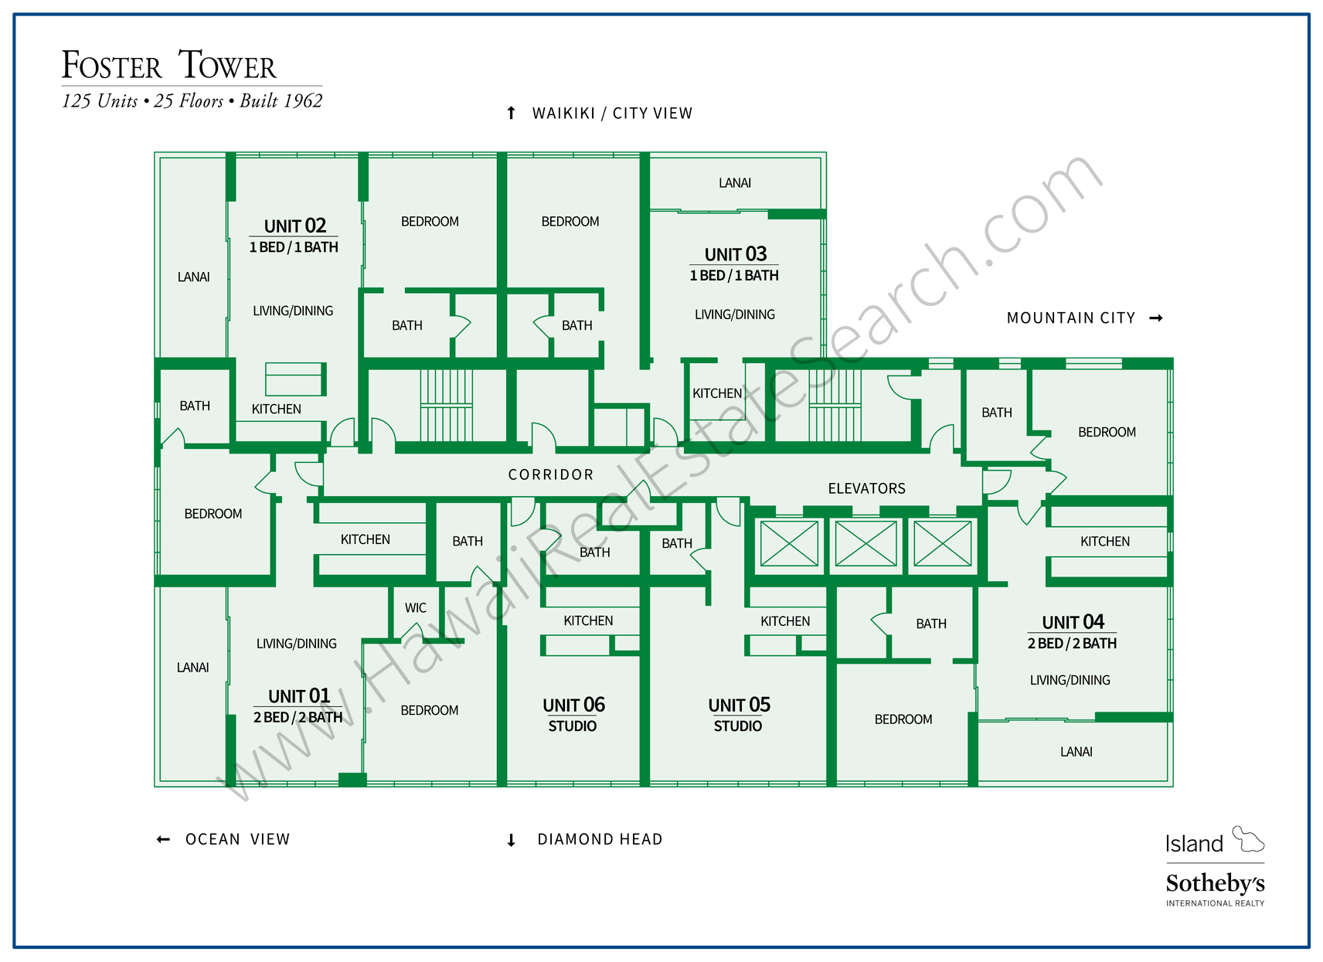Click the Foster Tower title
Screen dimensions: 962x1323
click(168, 65)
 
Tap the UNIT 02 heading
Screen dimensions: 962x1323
click(294, 226)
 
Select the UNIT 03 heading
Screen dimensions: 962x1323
click(735, 254)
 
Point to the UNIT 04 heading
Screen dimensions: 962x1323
click(1073, 622)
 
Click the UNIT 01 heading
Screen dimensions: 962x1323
click(298, 696)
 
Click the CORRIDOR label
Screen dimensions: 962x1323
click(550, 474)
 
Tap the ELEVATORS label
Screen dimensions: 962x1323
click(866, 488)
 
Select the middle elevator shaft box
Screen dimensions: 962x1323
click(866, 544)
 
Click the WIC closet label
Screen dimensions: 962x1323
click(415, 608)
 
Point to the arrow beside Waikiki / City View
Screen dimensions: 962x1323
click(511, 114)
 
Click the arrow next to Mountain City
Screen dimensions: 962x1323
click(1156, 318)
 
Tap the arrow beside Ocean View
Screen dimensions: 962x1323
click(163, 839)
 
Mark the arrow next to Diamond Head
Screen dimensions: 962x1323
click(511, 840)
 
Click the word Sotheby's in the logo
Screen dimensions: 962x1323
click(1215, 883)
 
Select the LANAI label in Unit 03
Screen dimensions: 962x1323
click(734, 183)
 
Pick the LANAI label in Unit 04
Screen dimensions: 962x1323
click(1076, 752)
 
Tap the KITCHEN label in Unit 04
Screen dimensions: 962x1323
click(1104, 542)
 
